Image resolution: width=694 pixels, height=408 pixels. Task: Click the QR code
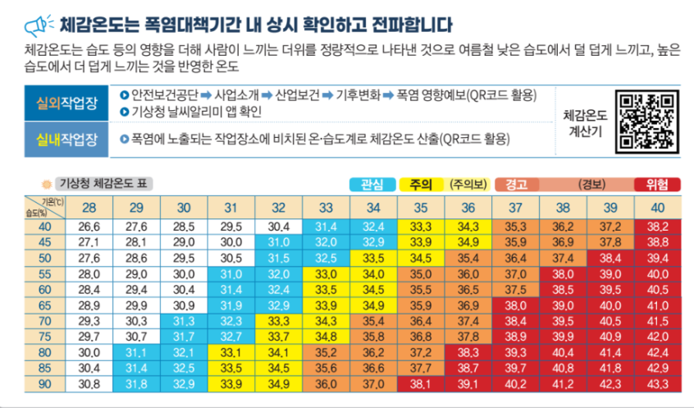(647, 121)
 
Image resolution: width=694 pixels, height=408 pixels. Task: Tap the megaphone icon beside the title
(39, 25)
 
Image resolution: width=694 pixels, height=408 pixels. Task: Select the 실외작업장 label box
(66, 103)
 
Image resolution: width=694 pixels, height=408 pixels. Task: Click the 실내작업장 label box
(66, 140)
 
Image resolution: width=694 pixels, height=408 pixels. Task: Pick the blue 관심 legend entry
(372, 184)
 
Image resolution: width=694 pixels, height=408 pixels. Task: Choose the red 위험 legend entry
(657, 184)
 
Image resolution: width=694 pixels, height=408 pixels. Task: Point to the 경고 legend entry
(517, 184)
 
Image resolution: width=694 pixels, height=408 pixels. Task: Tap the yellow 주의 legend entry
(421, 184)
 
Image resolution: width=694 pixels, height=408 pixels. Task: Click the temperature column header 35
(421, 208)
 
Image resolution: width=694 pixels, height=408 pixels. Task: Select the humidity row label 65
(44, 305)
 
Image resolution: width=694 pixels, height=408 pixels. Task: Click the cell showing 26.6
(89, 227)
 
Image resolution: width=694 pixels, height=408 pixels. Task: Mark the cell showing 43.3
(658, 384)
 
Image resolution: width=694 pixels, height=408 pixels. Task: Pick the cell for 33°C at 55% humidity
(326, 274)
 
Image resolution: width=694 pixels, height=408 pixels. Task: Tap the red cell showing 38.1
(421, 384)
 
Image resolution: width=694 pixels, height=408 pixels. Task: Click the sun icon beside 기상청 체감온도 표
(47, 184)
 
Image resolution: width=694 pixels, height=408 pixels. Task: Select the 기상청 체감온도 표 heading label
(103, 183)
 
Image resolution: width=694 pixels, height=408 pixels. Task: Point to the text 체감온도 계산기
(585, 124)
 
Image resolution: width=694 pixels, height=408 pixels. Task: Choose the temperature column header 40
(658, 208)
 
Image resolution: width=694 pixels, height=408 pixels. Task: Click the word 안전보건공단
(165, 95)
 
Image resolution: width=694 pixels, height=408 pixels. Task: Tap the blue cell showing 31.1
(136, 353)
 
